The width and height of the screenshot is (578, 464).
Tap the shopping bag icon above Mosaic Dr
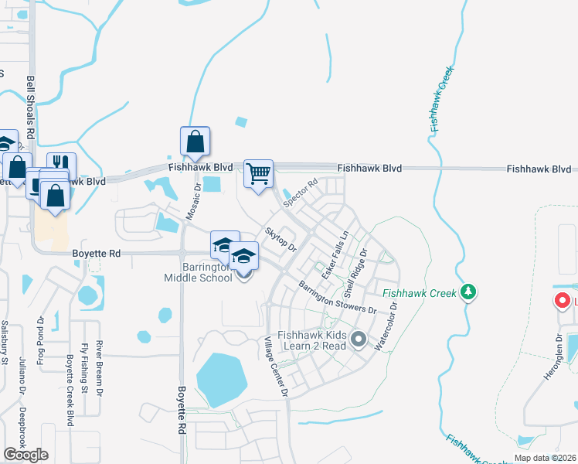click(195, 142)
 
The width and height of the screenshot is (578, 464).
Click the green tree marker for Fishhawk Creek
click(467, 292)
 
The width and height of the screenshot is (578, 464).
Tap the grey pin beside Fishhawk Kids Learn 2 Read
click(358, 339)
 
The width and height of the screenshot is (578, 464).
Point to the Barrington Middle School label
click(206, 272)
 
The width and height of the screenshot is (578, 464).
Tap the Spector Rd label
click(301, 193)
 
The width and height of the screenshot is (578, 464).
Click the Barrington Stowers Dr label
click(338, 297)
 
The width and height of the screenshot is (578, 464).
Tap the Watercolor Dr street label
click(385, 326)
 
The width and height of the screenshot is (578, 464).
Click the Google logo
click(25, 454)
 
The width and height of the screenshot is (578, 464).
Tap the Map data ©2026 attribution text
click(544, 458)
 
